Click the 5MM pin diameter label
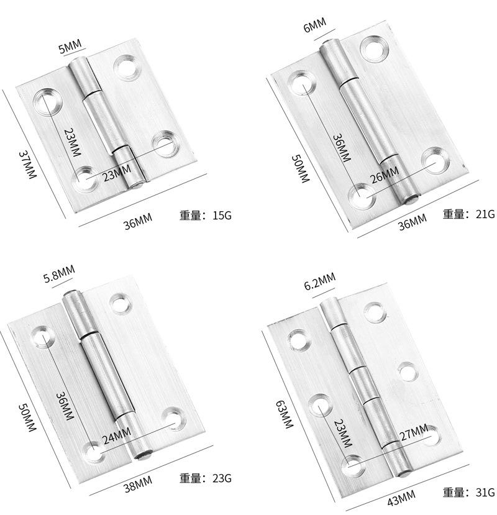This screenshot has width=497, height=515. coord(70,47)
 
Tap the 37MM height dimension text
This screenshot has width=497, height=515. coord(27,165)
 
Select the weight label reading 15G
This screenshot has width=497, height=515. coord(206,216)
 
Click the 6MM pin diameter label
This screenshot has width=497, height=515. coord(314,25)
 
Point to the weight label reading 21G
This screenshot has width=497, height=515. coord(469,214)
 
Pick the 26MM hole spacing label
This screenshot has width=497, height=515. coord(385,175)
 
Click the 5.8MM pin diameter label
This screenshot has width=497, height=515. coord(59,274)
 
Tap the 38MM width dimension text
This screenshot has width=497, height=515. coord(138,484)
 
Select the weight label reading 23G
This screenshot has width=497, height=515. coord(206,478)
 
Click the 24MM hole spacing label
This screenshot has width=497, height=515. coord(117,435)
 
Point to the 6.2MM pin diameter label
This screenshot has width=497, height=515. coord(319,281)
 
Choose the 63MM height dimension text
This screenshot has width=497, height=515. coord(284,414)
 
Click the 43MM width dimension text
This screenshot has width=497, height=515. coord(401,497)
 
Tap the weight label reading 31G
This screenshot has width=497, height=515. coord(469,493)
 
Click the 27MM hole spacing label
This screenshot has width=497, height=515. coord(414,432)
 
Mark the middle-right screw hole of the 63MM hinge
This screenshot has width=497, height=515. coord(408,372)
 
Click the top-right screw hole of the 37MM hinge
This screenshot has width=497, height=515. coord(126,68)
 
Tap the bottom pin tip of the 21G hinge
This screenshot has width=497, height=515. coord(412,199)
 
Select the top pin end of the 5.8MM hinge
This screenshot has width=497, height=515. coord(72,293)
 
